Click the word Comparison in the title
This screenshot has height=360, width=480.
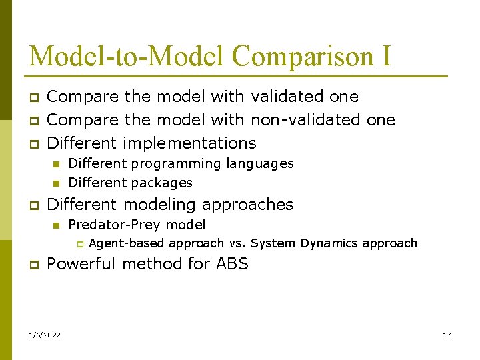click(303, 56)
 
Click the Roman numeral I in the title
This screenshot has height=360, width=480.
click(387, 56)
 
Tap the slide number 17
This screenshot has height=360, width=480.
click(447, 335)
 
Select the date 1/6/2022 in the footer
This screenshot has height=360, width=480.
click(45, 335)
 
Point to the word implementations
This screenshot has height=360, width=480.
click(189, 143)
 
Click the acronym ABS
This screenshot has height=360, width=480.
click(232, 264)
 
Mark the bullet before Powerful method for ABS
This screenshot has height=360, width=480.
click(33, 265)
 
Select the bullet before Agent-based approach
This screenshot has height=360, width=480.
click(77, 244)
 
